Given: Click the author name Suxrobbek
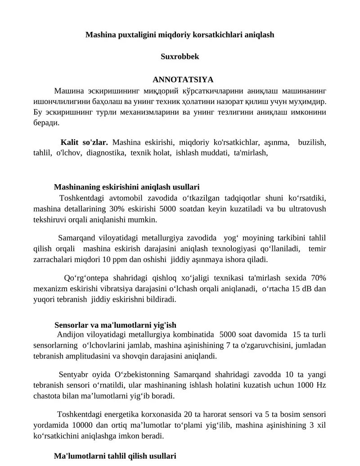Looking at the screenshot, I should point(180,57).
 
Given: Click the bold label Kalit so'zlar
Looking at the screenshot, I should point(84,143).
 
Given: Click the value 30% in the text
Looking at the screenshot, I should point(129,209).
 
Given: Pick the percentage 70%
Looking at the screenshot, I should point(318,277).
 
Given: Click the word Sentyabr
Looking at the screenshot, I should point(73,375).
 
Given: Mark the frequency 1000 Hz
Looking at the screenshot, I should point(315,385).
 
